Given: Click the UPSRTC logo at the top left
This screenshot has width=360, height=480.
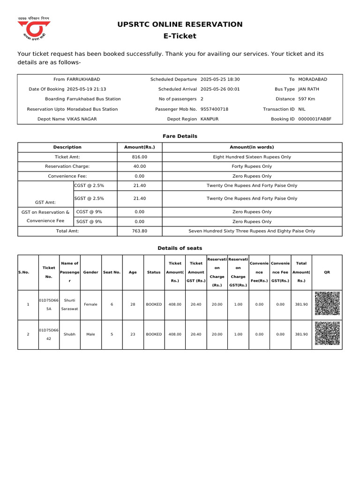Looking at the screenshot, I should click(x=33, y=29).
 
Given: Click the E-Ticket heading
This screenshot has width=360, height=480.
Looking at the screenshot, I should click(x=180, y=36).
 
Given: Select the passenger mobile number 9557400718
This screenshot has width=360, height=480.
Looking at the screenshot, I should click(x=214, y=109).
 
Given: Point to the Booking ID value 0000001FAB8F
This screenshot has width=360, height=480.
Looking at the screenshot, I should click(x=315, y=119).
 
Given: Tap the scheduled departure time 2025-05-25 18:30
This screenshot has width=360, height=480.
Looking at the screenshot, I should click(x=220, y=80).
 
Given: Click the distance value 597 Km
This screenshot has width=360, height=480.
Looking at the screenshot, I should click(x=307, y=99).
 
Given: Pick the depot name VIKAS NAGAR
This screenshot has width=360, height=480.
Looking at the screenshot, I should click(x=82, y=119).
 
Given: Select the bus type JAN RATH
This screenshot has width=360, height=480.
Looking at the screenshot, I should click(x=309, y=89).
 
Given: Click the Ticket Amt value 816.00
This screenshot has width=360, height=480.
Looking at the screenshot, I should click(x=139, y=157).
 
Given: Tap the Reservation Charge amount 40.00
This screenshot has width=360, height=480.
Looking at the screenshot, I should click(x=139, y=166).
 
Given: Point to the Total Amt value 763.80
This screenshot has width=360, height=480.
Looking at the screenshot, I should click(x=139, y=231).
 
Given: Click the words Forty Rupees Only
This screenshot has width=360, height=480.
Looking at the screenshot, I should click(x=252, y=166).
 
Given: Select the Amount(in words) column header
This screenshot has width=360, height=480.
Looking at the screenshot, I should click(x=252, y=147).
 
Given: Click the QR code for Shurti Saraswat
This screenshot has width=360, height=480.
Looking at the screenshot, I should click(x=327, y=304).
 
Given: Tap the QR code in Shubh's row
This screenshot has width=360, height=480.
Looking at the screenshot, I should click(x=327, y=334).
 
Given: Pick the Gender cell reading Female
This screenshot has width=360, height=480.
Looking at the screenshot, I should click(x=90, y=304).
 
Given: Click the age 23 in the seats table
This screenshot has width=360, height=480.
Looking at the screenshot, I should click(x=133, y=334).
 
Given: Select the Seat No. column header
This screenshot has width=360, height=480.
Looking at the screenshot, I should click(x=112, y=272).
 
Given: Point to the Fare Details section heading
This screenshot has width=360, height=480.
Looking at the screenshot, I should click(x=180, y=136).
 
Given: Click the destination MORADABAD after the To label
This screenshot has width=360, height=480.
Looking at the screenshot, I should click(x=313, y=80).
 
